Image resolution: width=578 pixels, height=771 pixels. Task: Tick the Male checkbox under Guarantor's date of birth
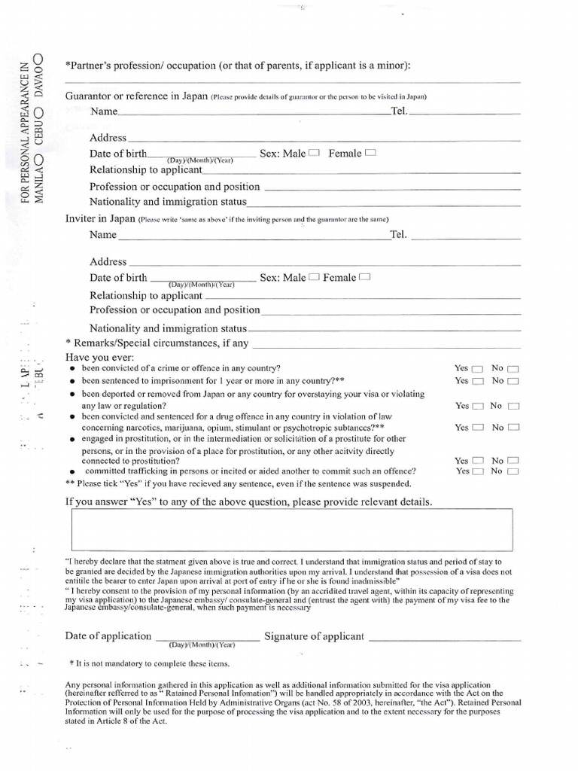click(x=314, y=153)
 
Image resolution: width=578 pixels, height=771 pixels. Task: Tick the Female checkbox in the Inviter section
click(x=366, y=277)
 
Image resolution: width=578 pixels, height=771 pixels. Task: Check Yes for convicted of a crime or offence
click(x=477, y=369)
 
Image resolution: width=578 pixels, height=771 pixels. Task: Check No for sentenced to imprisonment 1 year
click(x=513, y=382)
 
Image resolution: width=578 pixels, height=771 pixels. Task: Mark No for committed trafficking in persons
click(x=513, y=471)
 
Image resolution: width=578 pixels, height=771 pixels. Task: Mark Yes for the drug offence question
click(x=477, y=428)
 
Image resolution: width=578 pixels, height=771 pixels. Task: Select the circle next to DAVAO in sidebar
click(x=39, y=59)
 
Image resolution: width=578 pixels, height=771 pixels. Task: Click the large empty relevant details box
click(x=292, y=529)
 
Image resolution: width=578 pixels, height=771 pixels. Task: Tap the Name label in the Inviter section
click(x=103, y=235)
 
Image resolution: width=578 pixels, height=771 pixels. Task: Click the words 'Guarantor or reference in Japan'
click(x=136, y=96)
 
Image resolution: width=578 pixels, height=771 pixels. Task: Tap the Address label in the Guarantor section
click(x=108, y=138)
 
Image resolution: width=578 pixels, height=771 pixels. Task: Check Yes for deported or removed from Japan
click(x=477, y=406)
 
